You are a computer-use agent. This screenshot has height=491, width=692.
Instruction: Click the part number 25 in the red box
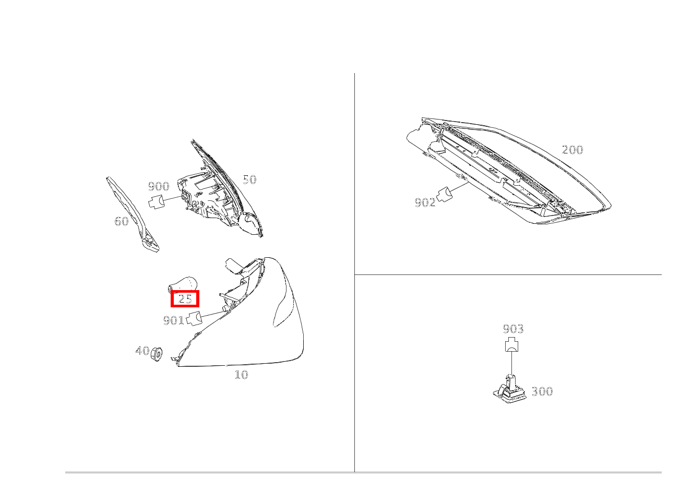coord(185,299)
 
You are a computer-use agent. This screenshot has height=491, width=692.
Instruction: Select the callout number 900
coord(158,186)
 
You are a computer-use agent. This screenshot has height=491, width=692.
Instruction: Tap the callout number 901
coord(173,320)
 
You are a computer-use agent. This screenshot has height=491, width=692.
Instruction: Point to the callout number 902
coord(425,202)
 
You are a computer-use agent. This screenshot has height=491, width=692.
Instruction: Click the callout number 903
coord(513,329)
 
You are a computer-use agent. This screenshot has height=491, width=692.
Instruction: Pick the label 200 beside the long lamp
coord(572,150)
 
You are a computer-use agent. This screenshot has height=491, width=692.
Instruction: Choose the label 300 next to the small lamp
coord(542,391)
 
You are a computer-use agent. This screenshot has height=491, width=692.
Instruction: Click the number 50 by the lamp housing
coord(249,179)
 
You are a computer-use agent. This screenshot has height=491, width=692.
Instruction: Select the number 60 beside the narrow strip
coord(122,221)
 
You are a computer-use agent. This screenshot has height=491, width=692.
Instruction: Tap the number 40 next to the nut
coord(142,351)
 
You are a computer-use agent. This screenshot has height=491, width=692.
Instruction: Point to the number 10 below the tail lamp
coord(241,375)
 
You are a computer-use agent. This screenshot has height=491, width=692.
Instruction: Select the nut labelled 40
coord(157,354)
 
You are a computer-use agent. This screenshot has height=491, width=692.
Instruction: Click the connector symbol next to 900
coord(157,201)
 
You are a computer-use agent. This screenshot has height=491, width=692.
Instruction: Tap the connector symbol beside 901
coord(195,318)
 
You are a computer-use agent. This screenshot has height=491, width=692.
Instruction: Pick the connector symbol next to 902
coord(445,194)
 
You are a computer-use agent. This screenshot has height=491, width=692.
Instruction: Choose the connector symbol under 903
coord(512,345)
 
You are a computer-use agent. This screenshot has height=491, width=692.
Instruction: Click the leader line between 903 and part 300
coord(512,363)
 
